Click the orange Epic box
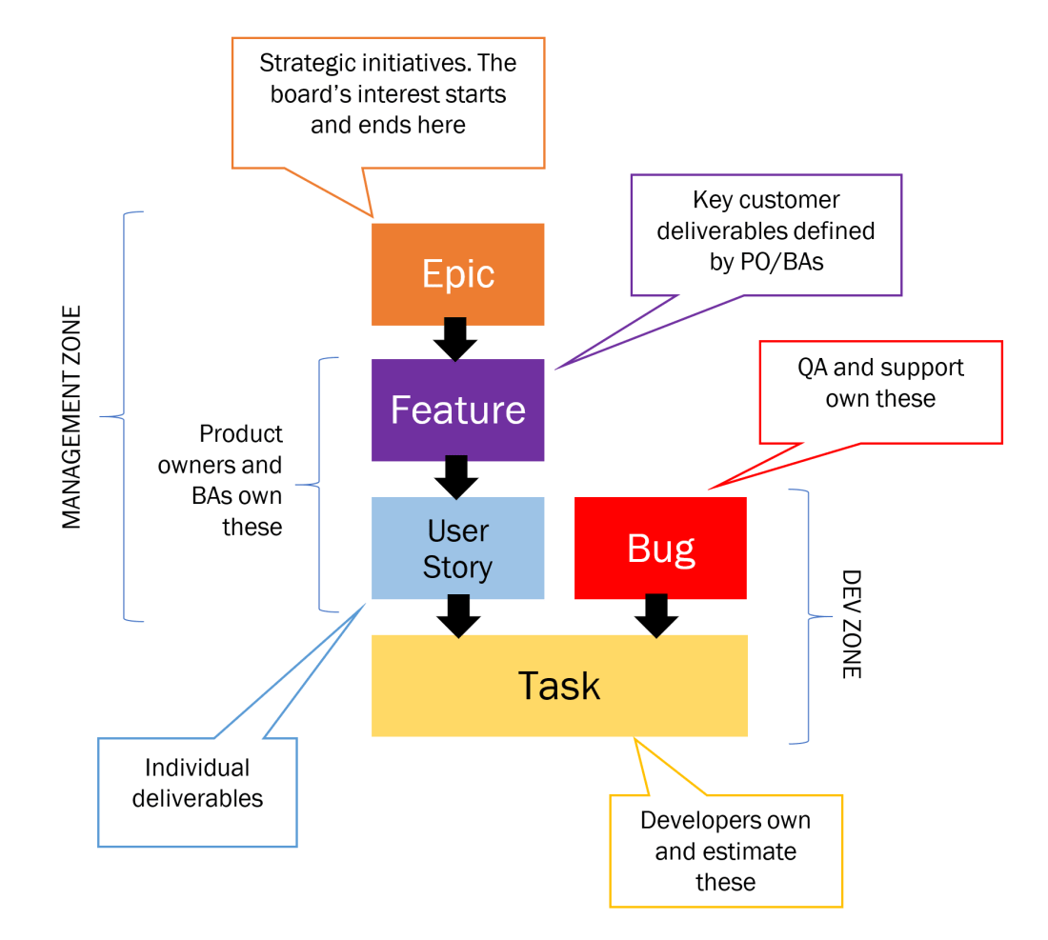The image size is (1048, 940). tap(457, 274)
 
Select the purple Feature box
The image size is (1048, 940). tap(457, 410)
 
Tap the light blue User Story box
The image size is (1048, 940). tap(457, 548)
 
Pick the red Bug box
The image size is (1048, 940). tap(660, 548)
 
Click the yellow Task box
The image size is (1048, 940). tap(559, 686)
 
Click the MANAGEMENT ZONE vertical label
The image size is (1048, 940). tap(71, 417)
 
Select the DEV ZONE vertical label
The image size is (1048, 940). tap(851, 624)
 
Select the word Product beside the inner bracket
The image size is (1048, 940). tap(240, 434)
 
